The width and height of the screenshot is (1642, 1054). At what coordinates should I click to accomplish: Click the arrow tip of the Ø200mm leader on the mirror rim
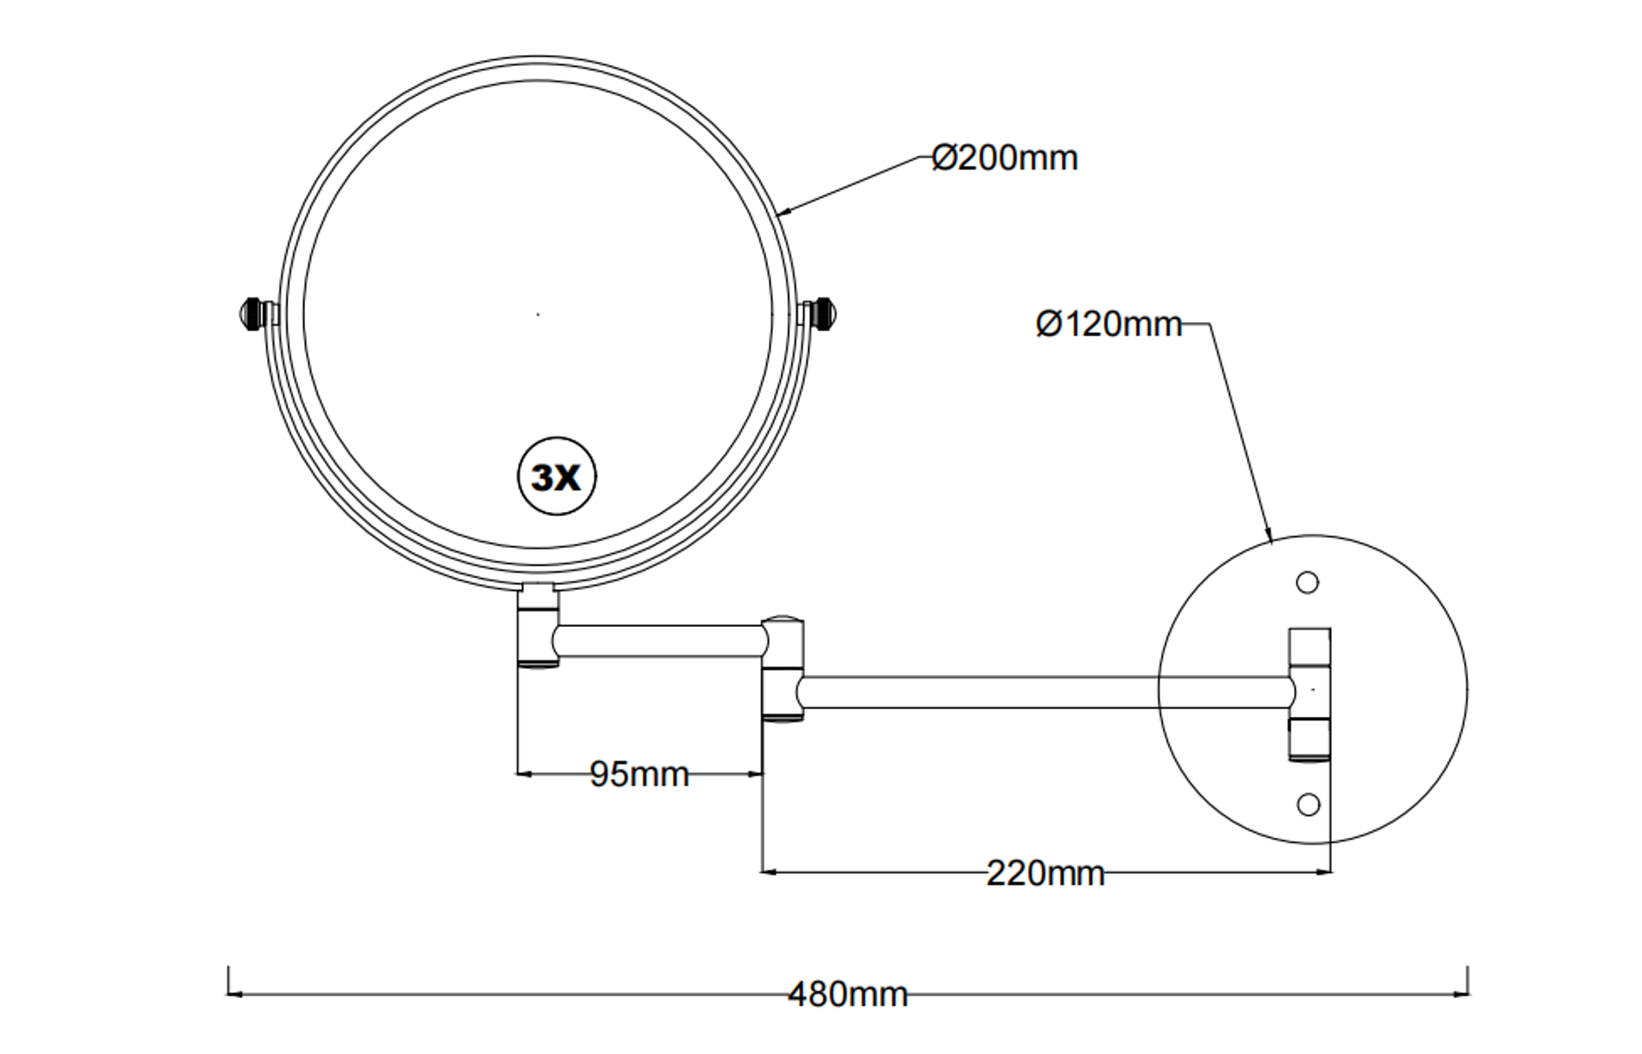tap(777, 213)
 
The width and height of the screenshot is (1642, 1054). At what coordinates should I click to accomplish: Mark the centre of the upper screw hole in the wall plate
tap(1307, 583)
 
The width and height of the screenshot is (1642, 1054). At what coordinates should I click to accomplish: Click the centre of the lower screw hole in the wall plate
tap(1308, 804)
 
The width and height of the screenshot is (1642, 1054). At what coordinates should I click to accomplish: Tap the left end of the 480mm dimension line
tap(229, 994)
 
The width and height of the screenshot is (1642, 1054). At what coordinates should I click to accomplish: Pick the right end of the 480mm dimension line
tap(1468, 994)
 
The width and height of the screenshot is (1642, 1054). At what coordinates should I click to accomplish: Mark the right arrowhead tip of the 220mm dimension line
tap(1331, 872)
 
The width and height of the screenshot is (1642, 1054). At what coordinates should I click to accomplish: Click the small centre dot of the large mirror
tap(538, 315)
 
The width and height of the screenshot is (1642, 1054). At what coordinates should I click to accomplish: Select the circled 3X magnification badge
tap(557, 477)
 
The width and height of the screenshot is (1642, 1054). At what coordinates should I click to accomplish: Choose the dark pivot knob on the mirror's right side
tap(825, 314)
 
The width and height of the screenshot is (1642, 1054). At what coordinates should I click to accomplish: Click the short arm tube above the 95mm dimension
tap(659, 641)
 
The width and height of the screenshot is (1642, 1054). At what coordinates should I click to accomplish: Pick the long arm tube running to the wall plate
tap(1046, 692)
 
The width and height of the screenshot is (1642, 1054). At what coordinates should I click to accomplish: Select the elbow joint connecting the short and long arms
tap(783, 668)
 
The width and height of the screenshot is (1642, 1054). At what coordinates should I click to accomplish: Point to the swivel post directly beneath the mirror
tap(538, 625)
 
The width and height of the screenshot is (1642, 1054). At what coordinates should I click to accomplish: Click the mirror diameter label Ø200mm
tap(1004, 158)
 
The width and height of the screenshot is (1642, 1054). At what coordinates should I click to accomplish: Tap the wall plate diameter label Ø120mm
tap(1109, 324)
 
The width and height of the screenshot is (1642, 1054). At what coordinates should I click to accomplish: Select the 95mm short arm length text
tap(639, 774)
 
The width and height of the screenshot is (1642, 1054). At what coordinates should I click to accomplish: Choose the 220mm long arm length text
tap(1046, 874)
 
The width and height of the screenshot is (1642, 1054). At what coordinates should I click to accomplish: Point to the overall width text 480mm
tap(848, 995)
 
